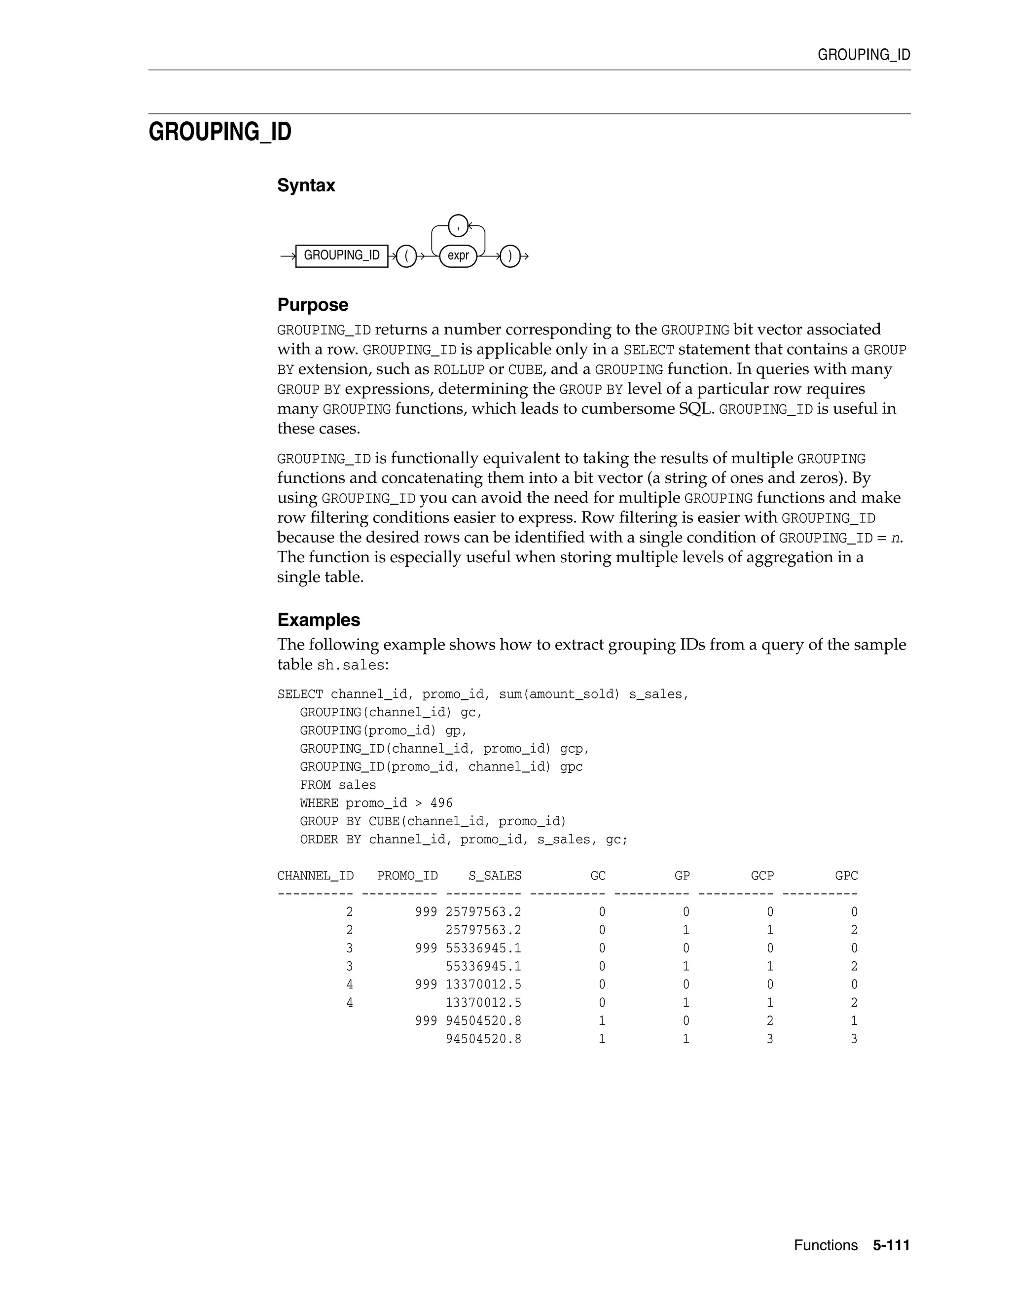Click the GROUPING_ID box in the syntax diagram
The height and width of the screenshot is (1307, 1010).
pyautogui.click(x=342, y=255)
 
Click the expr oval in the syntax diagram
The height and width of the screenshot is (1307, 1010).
pyautogui.click(x=458, y=255)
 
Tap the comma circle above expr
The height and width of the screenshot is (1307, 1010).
pyautogui.click(x=458, y=225)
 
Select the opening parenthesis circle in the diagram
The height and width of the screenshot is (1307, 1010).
pyautogui.click(x=406, y=256)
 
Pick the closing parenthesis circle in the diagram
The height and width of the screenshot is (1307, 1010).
pyautogui.click(x=510, y=256)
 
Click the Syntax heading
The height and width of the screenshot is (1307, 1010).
pyautogui.click(x=306, y=185)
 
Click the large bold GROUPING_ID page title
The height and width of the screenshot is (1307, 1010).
pyautogui.click(x=219, y=132)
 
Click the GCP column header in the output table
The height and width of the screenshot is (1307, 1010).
pyautogui.click(x=762, y=875)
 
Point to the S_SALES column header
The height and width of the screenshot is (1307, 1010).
pyautogui.click(x=495, y=875)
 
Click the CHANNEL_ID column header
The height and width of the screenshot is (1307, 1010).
pyautogui.click(x=315, y=875)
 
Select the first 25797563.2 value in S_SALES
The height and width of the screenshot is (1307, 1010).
pyautogui.click(x=483, y=912)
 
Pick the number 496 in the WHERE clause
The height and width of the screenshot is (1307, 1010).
pyautogui.click(x=441, y=803)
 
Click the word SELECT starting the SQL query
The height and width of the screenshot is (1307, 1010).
pyautogui.click(x=300, y=694)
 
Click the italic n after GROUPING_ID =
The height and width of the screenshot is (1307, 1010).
pyautogui.click(x=895, y=538)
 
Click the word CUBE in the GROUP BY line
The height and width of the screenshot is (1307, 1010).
pyautogui.click(x=384, y=821)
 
